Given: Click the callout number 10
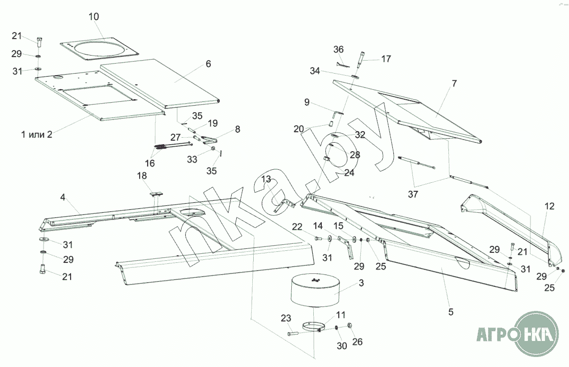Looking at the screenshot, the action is (x=94, y=17).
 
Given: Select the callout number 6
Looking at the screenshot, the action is (x=208, y=64).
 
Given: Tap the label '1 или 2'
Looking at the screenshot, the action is (x=37, y=134).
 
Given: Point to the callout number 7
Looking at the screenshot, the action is (x=454, y=84).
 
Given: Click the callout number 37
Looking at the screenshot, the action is (x=413, y=194).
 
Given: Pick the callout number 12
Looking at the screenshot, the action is (x=550, y=206).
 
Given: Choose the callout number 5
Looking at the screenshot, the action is (x=451, y=312).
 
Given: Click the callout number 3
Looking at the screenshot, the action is (x=361, y=283).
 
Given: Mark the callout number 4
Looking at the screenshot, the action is (x=63, y=197).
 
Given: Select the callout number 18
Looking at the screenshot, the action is (x=142, y=176).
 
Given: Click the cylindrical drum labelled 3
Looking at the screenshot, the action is (x=316, y=290).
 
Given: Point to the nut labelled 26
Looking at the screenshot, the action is (x=350, y=325).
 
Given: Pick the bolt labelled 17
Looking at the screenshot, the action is (x=361, y=60).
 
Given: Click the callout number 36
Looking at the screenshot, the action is (x=339, y=50).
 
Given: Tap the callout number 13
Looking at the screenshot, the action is (x=266, y=179).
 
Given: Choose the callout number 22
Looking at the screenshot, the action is (x=297, y=227).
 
